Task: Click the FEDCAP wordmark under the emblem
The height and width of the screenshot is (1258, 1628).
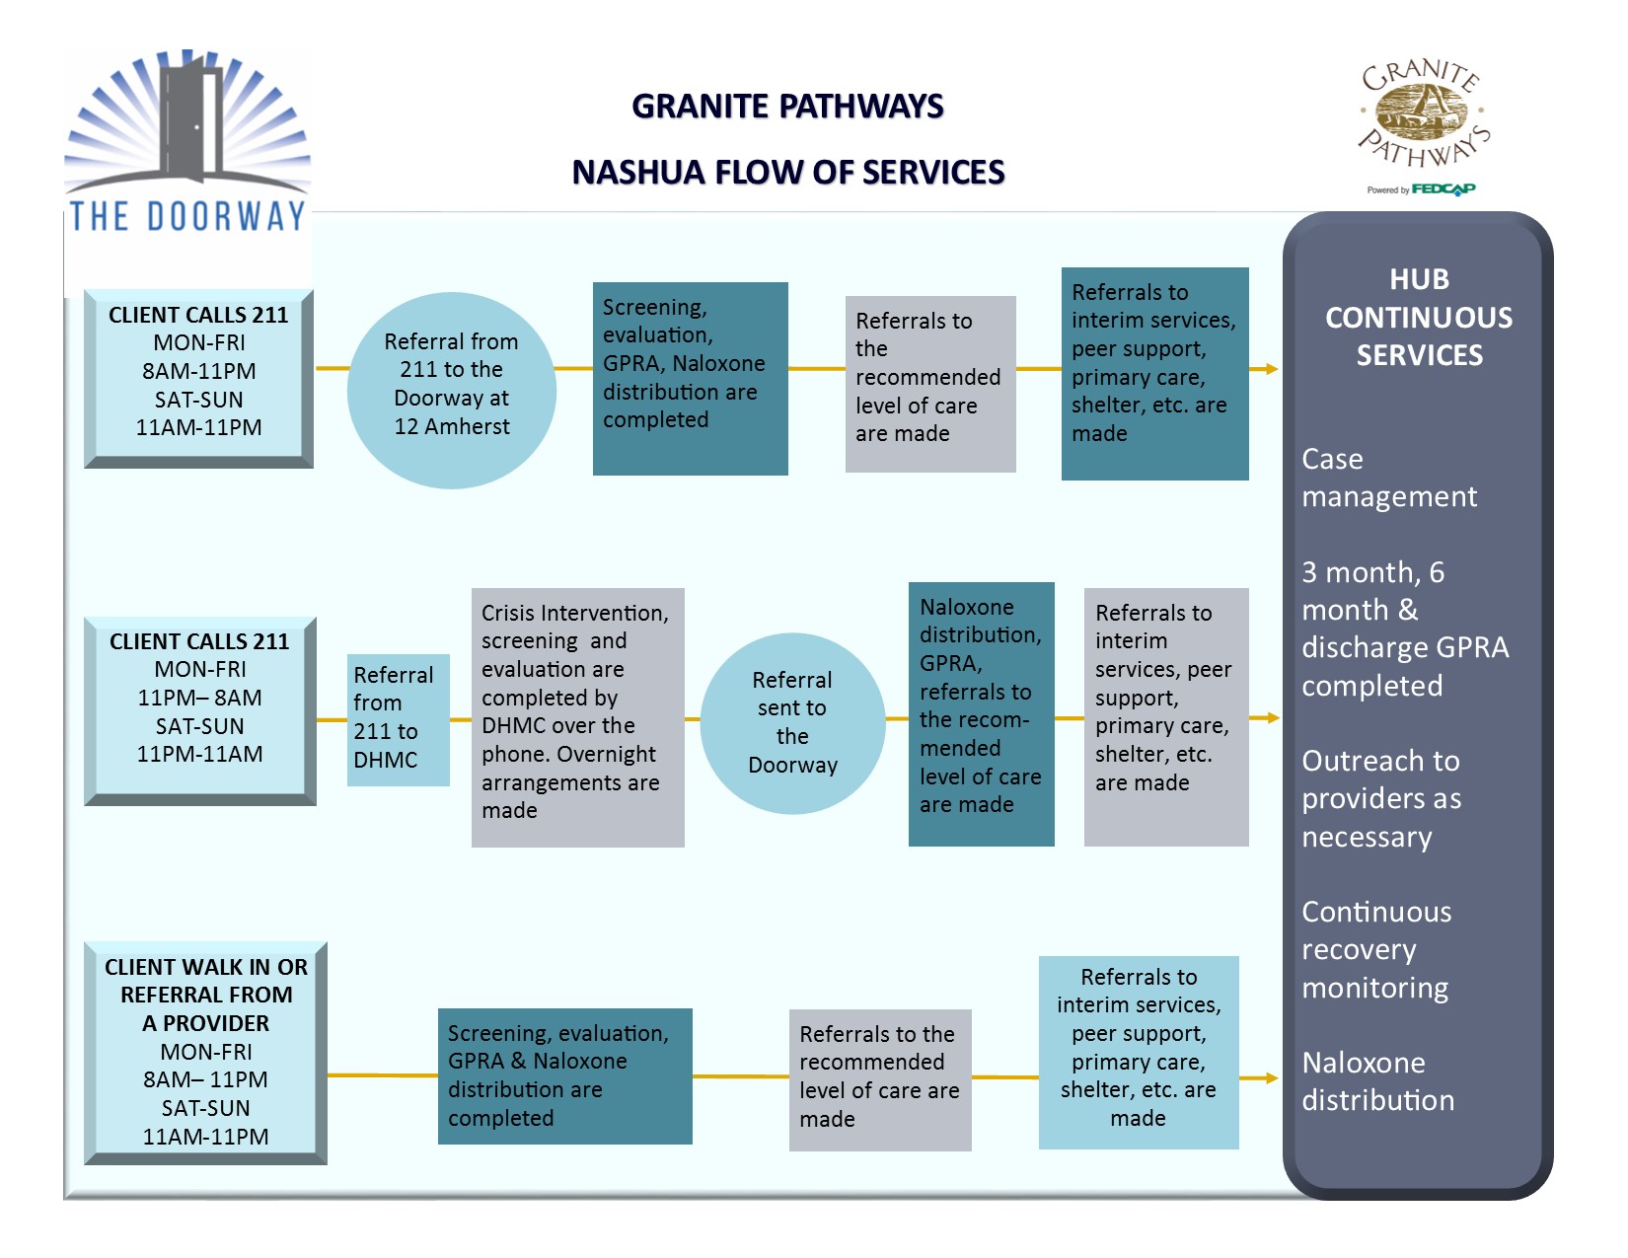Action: point(1443,189)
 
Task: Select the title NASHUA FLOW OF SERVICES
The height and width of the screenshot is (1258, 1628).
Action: point(787,173)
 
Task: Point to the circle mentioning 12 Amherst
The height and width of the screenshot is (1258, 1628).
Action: point(451,391)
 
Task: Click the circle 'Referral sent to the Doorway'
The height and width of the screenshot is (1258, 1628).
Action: point(792,723)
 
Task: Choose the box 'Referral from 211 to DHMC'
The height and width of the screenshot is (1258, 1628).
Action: point(398,719)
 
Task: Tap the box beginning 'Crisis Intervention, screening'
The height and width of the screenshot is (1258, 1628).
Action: point(577,717)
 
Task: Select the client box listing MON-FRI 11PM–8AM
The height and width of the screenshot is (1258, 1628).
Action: point(200,711)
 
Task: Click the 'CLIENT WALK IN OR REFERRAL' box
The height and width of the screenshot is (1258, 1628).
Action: point(205,1053)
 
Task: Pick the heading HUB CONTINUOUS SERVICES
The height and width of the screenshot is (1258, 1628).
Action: point(1419,317)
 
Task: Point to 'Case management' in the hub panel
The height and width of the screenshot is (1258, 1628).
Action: point(1389,478)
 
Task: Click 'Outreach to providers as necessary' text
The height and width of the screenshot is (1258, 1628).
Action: point(1380,798)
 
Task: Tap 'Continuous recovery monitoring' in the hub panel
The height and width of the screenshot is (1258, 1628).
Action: point(1376,949)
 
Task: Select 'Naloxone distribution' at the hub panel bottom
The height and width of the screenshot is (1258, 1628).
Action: point(1377,1081)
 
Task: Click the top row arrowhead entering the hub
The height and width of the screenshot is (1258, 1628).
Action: point(1271,369)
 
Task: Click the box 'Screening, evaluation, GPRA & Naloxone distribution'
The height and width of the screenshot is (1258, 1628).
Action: point(565,1075)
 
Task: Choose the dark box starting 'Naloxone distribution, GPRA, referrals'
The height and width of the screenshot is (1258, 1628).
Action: point(982,714)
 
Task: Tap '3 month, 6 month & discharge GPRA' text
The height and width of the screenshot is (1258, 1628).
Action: point(1405,629)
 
